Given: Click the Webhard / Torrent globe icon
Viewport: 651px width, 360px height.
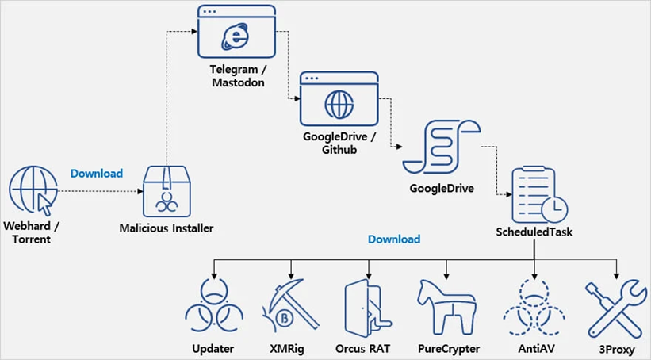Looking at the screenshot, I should point(32,190).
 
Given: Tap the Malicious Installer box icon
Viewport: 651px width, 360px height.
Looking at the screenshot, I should point(167,191).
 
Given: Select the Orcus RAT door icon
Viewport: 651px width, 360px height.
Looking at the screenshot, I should point(367,306).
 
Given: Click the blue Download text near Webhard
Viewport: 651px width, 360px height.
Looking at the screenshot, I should point(97,173).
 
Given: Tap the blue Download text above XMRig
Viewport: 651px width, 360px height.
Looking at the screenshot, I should point(393,238).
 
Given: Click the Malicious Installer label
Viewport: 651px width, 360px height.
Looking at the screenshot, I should point(167,228).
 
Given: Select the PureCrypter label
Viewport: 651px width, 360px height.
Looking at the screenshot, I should point(447,348).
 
